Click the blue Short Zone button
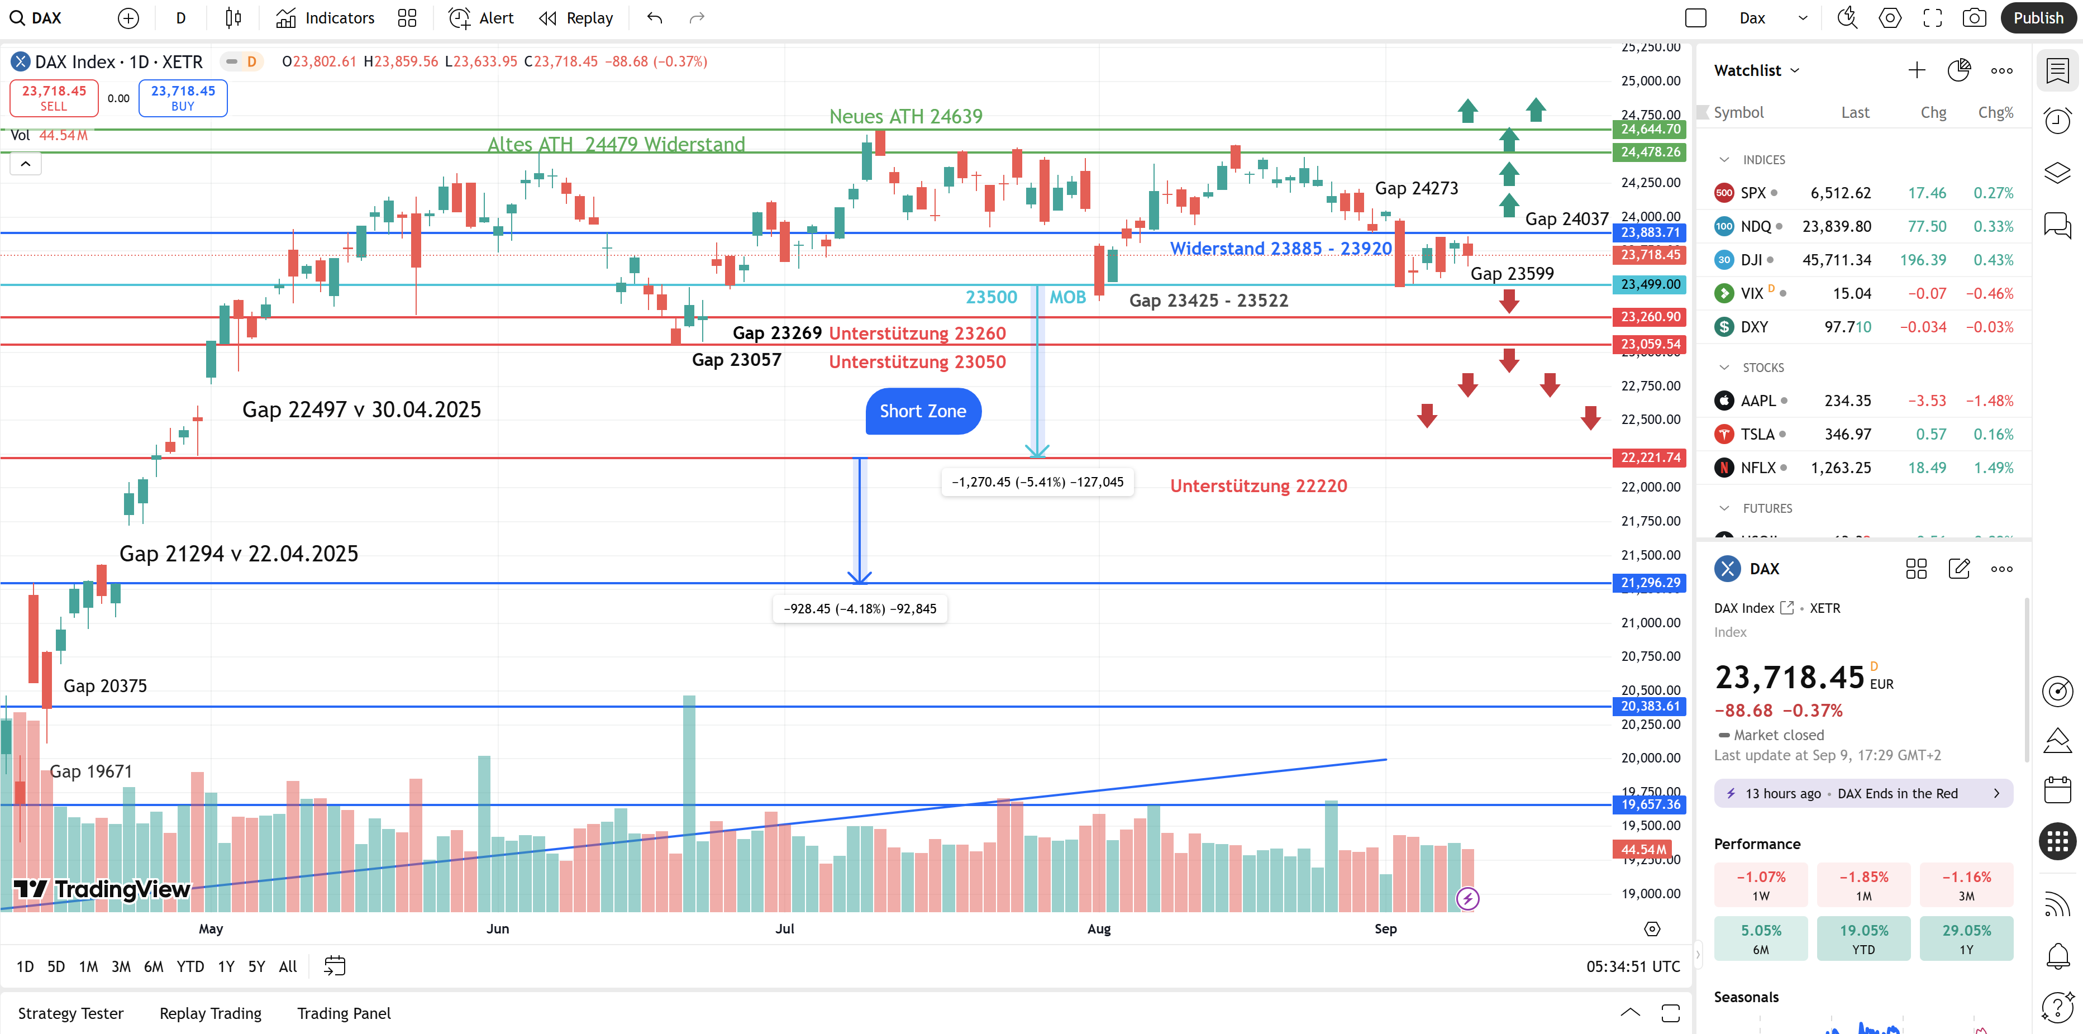coord(923,412)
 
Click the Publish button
coord(2038,18)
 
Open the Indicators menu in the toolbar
coord(325,18)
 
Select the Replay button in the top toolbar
coord(576,18)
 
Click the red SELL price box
coord(54,98)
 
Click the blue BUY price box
coord(183,98)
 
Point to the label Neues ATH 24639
coord(905,116)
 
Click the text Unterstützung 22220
coord(1258,486)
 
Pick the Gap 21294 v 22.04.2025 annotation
coord(239,554)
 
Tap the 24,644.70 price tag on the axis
coord(1650,130)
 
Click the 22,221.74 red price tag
coord(1650,458)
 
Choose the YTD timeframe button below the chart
coord(190,966)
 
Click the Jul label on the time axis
coord(784,929)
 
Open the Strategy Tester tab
coord(70,1013)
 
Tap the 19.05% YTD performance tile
coord(1863,938)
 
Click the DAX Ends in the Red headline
coord(1897,794)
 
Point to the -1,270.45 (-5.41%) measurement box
coord(1037,482)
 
